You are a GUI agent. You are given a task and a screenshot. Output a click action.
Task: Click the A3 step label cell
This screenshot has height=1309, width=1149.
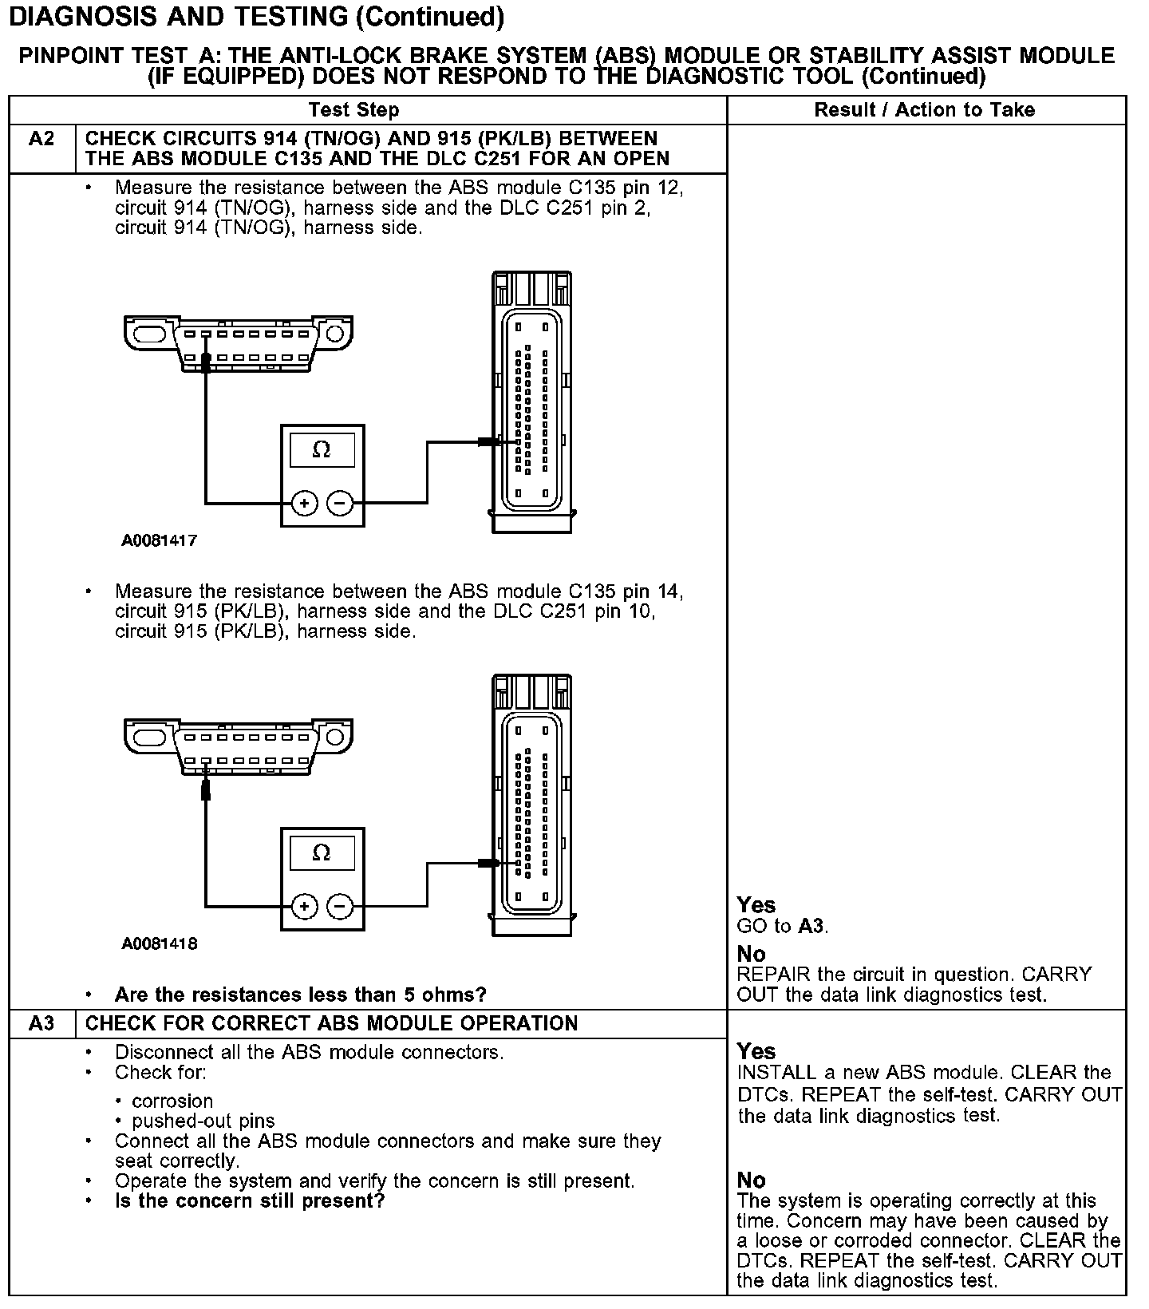pyautogui.click(x=41, y=1023)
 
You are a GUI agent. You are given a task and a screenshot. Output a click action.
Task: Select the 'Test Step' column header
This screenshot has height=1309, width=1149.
pyautogui.click(x=353, y=110)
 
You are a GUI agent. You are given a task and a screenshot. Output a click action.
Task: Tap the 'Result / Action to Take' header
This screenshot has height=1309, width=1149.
pyautogui.click(x=924, y=110)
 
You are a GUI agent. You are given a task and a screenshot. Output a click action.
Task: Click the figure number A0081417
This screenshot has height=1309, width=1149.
pyautogui.click(x=159, y=540)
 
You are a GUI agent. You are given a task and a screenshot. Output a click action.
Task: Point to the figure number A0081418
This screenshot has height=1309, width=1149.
pyautogui.click(x=159, y=943)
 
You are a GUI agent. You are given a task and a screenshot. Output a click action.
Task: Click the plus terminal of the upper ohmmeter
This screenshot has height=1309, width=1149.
pyautogui.click(x=304, y=503)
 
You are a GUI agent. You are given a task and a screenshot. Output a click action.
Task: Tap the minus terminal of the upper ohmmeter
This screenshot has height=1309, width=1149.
pyautogui.click(x=340, y=503)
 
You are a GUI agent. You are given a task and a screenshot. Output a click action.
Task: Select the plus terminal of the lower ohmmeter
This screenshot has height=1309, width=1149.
pyautogui.click(x=304, y=907)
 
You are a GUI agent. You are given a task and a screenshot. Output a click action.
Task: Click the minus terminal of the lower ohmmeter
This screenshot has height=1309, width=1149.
pyautogui.click(x=340, y=907)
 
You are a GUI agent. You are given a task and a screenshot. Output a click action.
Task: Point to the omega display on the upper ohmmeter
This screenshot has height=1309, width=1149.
pyautogui.click(x=322, y=450)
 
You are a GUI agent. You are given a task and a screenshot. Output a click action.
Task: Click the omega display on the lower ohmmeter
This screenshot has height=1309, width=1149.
pyautogui.click(x=322, y=853)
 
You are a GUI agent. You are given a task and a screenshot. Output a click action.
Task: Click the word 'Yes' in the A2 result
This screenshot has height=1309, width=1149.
pyautogui.click(x=756, y=905)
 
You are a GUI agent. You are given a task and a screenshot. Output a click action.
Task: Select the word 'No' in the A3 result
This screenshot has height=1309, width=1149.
pyautogui.click(x=751, y=1180)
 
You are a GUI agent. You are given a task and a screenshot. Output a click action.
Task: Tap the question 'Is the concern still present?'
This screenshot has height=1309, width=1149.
pyautogui.click(x=250, y=1201)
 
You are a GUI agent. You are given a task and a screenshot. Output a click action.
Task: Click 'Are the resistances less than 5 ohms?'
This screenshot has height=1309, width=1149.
pyautogui.click(x=300, y=995)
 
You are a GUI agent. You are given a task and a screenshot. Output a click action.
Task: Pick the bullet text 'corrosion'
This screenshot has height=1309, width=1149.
pyautogui.click(x=172, y=1101)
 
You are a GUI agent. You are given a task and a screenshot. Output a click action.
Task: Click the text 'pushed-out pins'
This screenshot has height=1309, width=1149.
pyautogui.click(x=203, y=1121)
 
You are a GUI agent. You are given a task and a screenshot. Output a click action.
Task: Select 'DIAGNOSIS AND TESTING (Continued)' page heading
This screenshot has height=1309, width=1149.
pyautogui.click(x=256, y=18)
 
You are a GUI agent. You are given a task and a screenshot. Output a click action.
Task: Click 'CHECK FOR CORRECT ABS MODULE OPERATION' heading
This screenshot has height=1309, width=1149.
pyautogui.click(x=331, y=1023)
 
